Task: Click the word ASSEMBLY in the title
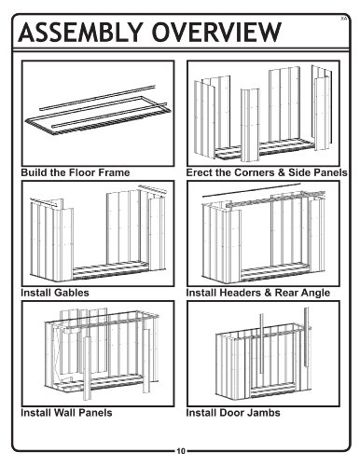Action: [x=79, y=32]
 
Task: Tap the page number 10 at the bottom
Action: [x=181, y=451]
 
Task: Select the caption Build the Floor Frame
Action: [x=76, y=172]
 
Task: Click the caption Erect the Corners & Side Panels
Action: [x=267, y=172]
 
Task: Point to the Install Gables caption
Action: [x=55, y=293]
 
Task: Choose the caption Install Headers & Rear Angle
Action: [x=258, y=293]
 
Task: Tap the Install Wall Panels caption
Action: [x=66, y=413]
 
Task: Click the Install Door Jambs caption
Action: [x=233, y=413]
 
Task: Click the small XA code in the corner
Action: [x=343, y=19]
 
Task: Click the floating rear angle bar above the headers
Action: [x=251, y=190]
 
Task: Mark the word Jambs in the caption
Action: [x=264, y=413]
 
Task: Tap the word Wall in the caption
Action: [x=64, y=413]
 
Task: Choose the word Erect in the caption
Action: [x=200, y=172]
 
